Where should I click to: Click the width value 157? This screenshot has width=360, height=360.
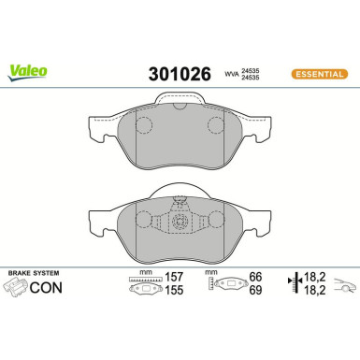pyautogui.click(x=172, y=278)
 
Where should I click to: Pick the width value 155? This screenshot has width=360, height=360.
pyautogui.click(x=172, y=293)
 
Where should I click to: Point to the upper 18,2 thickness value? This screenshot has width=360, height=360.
pyautogui.click(x=317, y=278)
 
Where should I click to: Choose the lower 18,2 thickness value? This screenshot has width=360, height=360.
pyautogui.click(x=317, y=293)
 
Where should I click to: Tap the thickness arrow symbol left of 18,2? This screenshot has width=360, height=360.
pyautogui.click(x=296, y=285)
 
